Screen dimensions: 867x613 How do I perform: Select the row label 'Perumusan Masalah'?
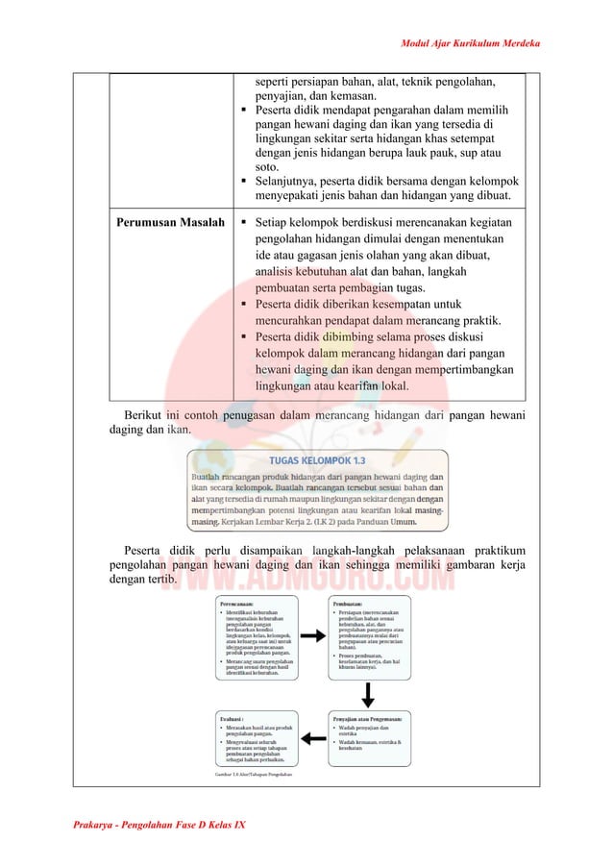(x=170, y=223)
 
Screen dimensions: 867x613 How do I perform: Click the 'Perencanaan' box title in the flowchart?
(x=241, y=604)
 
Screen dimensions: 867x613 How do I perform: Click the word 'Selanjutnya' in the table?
(x=288, y=181)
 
